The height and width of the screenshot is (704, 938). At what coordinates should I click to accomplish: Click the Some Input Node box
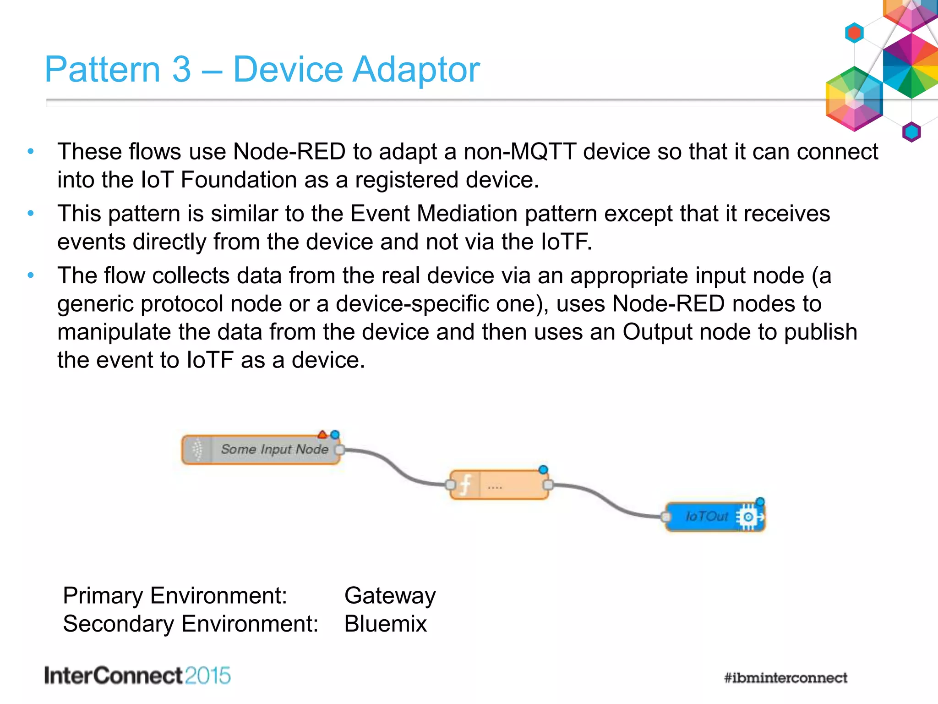click(x=261, y=450)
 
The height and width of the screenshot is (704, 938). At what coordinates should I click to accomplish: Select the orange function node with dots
click(x=499, y=485)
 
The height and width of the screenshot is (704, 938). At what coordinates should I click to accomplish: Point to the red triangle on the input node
click(x=322, y=434)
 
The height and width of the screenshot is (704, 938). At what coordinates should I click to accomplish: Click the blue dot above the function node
click(x=543, y=469)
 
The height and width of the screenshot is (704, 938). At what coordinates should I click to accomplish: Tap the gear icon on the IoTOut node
click(x=748, y=517)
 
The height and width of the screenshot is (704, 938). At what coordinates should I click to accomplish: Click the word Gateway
click(x=390, y=595)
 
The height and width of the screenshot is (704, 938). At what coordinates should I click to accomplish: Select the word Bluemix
click(x=385, y=624)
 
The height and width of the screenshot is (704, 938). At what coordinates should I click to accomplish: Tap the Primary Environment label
click(x=175, y=595)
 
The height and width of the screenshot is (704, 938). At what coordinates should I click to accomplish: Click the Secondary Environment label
click(x=191, y=624)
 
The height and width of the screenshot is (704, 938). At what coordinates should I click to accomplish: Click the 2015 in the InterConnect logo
click(x=208, y=676)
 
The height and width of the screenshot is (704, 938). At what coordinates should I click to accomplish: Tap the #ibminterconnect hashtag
click(x=785, y=678)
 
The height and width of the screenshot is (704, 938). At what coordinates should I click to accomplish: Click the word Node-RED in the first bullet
click(x=289, y=152)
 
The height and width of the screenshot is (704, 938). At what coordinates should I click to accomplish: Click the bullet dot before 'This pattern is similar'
click(x=31, y=213)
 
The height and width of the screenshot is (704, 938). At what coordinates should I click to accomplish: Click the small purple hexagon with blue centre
click(x=911, y=132)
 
